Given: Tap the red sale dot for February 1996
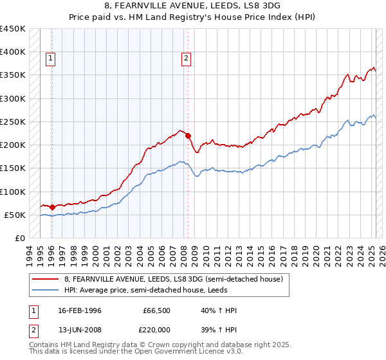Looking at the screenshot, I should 52,207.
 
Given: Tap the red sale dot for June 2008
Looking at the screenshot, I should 188,136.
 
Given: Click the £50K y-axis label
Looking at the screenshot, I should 15,215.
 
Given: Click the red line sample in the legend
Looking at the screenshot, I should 46,278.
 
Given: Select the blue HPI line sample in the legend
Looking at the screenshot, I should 46,290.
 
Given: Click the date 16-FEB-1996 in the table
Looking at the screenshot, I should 77,310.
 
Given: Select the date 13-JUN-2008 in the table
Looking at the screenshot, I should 77,329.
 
